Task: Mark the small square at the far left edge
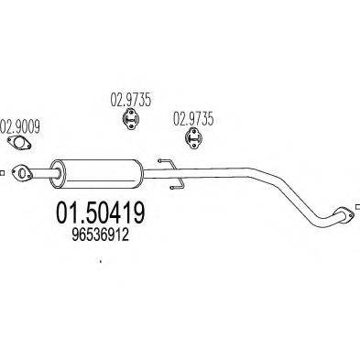pyautogui.click(x=3, y=170)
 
